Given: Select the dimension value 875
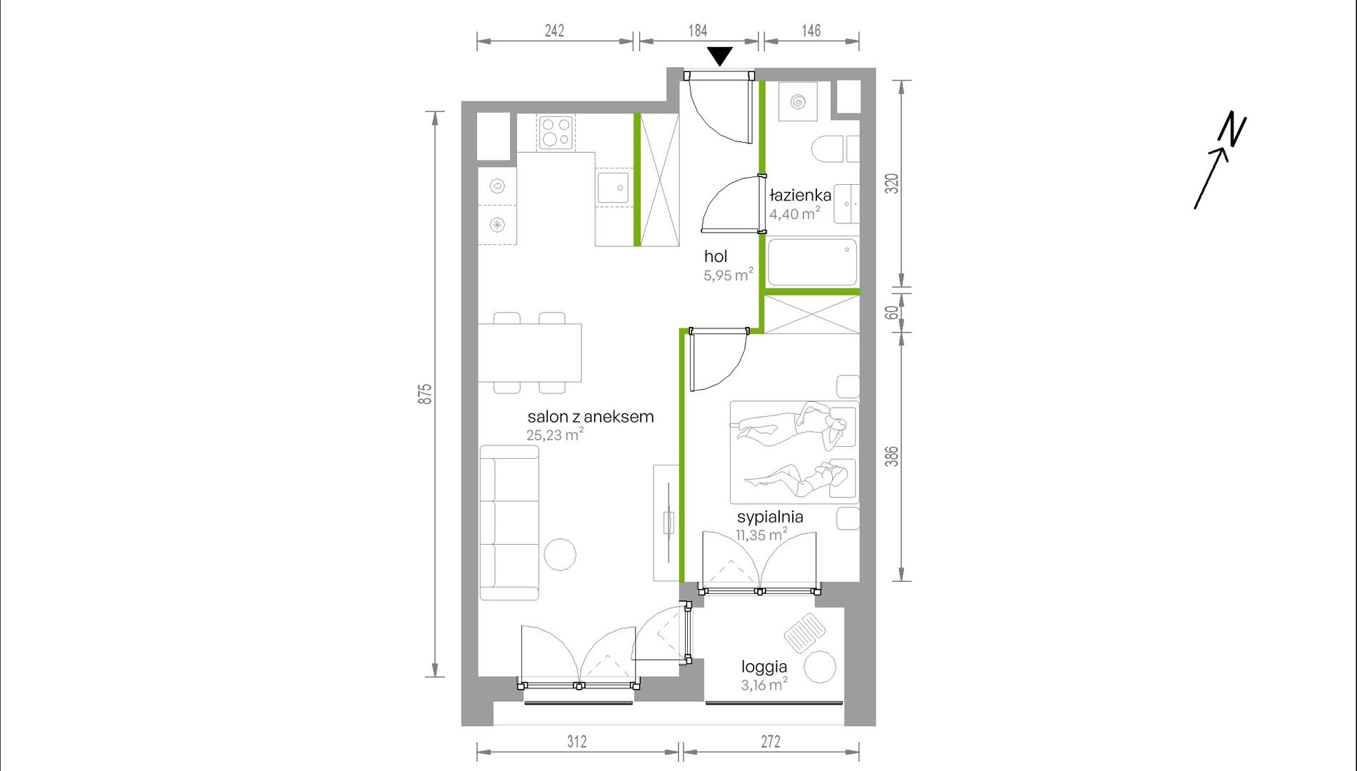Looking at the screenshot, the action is pyautogui.click(x=425, y=394).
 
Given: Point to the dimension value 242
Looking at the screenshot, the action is pyautogui.click(x=554, y=31).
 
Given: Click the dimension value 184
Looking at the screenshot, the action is pyautogui.click(x=698, y=31).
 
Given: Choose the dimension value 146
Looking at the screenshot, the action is pyautogui.click(x=811, y=31).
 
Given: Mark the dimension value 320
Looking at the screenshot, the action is pyautogui.click(x=891, y=183).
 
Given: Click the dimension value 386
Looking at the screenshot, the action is pyautogui.click(x=891, y=456).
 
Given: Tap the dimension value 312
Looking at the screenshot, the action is pyautogui.click(x=577, y=742).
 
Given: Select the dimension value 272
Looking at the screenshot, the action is pyautogui.click(x=771, y=742).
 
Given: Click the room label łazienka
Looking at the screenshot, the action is pyautogui.click(x=800, y=196).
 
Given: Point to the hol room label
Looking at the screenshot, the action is pyautogui.click(x=716, y=256).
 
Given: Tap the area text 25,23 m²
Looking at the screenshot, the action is pyautogui.click(x=555, y=434).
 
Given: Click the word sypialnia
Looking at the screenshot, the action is pyautogui.click(x=770, y=517).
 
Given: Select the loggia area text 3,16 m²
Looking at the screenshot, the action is pyautogui.click(x=764, y=684).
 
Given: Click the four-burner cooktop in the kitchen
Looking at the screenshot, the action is pyautogui.click(x=556, y=132).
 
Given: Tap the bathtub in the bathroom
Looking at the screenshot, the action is pyautogui.click(x=812, y=262).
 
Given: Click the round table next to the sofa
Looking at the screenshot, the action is pyautogui.click(x=560, y=554).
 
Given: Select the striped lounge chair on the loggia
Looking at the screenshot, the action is pyautogui.click(x=805, y=632).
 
